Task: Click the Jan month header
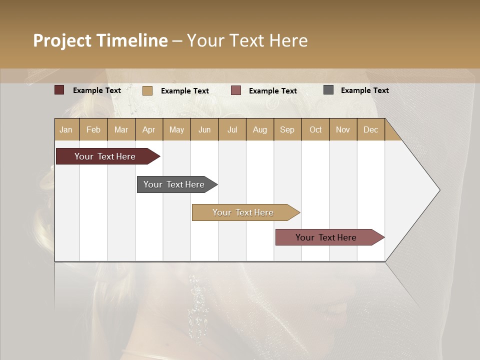click(x=66, y=129)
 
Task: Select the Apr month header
click(x=149, y=129)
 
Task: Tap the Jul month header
click(x=232, y=129)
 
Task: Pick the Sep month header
click(x=287, y=129)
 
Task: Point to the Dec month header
click(x=370, y=129)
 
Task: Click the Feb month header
click(x=93, y=129)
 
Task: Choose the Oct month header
click(x=315, y=129)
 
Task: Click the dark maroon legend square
click(x=59, y=90)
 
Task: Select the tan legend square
click(x=147, y=90)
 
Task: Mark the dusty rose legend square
click(x=236, y=90)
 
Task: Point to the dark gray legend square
click(x=328, y=90)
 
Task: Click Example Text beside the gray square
click(x=364, y=90)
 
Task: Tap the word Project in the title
click(x=63, y=40)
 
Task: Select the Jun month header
click(x=204, y=129)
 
